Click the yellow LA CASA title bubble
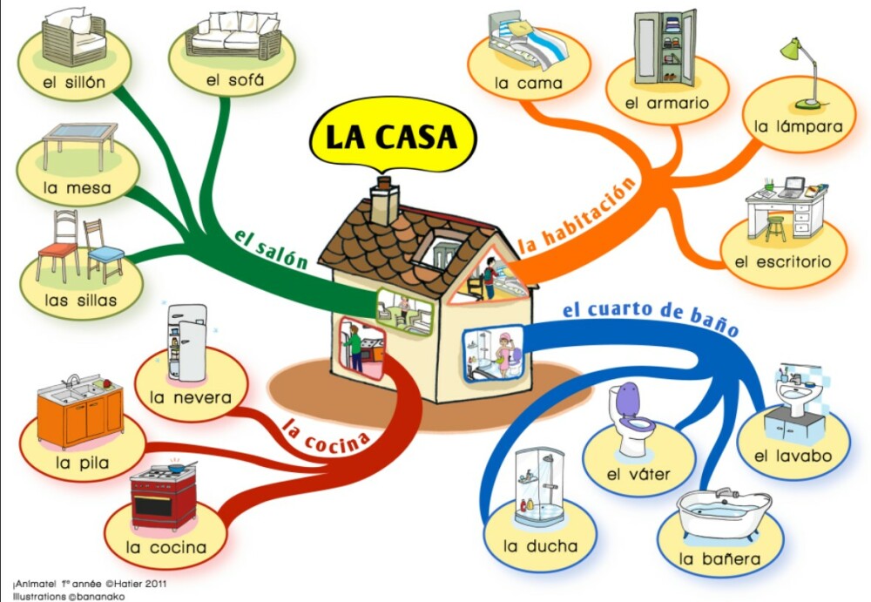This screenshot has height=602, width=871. pos(391,137)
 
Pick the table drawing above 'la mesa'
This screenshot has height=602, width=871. pos(79,143)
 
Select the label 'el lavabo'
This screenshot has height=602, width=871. pos(793,456)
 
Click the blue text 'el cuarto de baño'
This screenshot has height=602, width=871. pos(650,318)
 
